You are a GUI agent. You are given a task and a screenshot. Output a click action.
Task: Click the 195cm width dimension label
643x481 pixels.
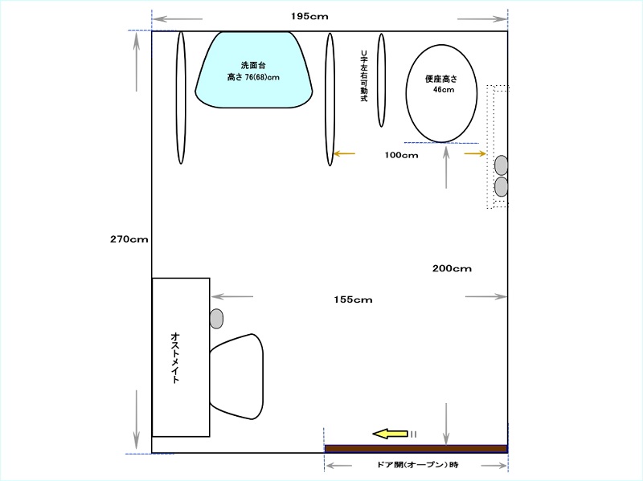tap(309, 16)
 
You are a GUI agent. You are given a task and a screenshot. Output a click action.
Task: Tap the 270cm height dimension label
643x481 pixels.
tap(129, 239)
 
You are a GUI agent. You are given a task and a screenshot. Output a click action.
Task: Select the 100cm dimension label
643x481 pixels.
tap(401, 155)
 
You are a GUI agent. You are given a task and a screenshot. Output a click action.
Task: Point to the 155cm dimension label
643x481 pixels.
tap(353, 300)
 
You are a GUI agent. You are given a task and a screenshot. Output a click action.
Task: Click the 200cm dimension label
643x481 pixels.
tap(452, 268)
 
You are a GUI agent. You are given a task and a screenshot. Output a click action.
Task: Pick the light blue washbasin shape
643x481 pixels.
tap(254, 70)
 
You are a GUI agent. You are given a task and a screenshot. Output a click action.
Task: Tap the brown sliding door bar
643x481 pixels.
tap(416, 449)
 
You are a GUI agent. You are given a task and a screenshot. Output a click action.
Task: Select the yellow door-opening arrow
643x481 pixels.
tap(390, 434)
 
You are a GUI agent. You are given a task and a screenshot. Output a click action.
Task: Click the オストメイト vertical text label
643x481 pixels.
tap(175, 357)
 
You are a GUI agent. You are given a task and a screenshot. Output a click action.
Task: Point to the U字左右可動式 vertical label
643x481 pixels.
tap(364, 75)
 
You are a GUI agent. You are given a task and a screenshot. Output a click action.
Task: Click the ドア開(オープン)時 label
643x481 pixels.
tap(417, 465)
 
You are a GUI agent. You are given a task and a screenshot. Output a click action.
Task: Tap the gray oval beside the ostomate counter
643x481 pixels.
tap(216, 318)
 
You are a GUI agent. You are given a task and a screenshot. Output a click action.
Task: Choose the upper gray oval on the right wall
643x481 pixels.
tap(501, 165)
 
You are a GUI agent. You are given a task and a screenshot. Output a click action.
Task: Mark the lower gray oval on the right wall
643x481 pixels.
tap(501, 186)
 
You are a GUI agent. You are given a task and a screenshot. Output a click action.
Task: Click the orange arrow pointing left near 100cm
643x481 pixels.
tap(345, 153)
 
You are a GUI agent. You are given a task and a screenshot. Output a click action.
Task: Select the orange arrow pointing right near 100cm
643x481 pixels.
tap(475, 153)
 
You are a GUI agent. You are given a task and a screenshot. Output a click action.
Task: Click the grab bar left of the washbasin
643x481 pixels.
tap(181, 97)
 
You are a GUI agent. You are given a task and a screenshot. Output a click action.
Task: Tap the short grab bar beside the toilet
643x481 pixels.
tap(381, 79)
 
